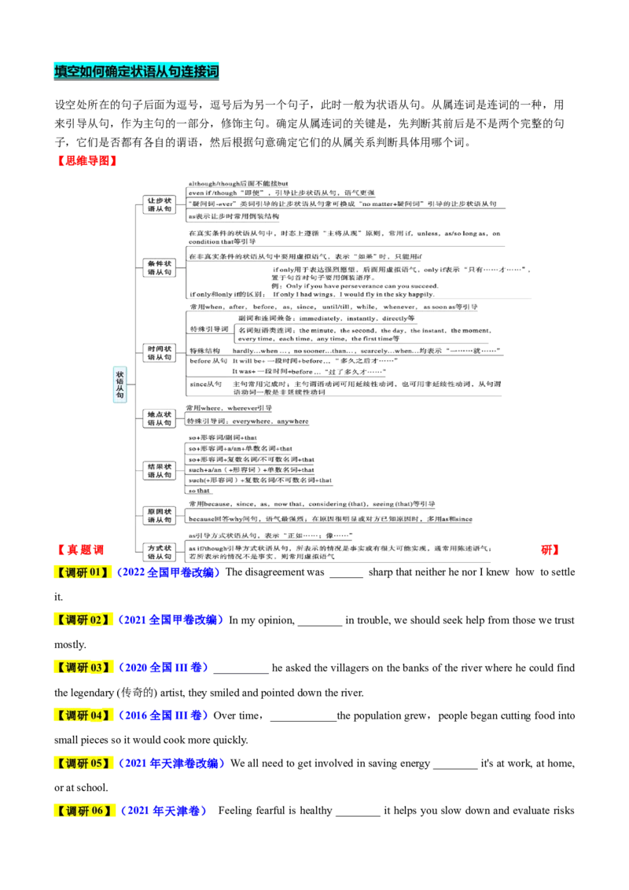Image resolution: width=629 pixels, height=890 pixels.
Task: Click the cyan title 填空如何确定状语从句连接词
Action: click(135, 72)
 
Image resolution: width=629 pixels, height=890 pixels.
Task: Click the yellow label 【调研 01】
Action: click(82, 572)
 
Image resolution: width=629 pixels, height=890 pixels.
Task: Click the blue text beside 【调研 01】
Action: click(167, 572)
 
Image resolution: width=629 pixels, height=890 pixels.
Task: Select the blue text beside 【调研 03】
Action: click(164, 667)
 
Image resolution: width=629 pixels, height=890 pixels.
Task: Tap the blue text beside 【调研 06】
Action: click(164, 811)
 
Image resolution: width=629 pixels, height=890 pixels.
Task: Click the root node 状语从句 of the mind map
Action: click(119, 385)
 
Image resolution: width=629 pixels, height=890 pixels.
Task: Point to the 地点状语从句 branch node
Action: click(160, 417)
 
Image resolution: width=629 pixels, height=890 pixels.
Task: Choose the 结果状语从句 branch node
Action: click(160, 471)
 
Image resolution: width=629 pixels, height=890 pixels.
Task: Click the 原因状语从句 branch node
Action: click(160, 516)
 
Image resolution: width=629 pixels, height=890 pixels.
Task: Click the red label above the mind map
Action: click(87, 160)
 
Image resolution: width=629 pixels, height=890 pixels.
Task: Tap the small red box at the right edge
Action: click(550, 550)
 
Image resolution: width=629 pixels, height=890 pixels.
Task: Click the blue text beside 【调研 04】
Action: click(164, 715)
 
